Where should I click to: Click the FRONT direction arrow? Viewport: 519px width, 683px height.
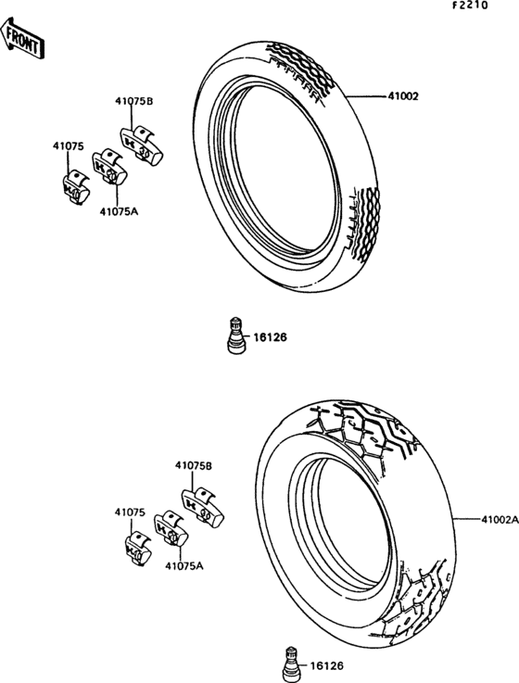point(22,38)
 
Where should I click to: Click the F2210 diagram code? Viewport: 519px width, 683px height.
point(470,6)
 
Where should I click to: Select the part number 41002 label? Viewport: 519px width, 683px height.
point(403,96)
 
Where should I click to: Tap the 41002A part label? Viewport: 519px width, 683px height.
point(500,519)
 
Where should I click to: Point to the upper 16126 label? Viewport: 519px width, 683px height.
point(271,337)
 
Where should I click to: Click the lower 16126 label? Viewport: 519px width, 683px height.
point(327,666)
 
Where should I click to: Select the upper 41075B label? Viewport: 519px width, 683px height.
point(134,101)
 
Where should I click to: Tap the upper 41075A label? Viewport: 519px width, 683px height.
point(119,211)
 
